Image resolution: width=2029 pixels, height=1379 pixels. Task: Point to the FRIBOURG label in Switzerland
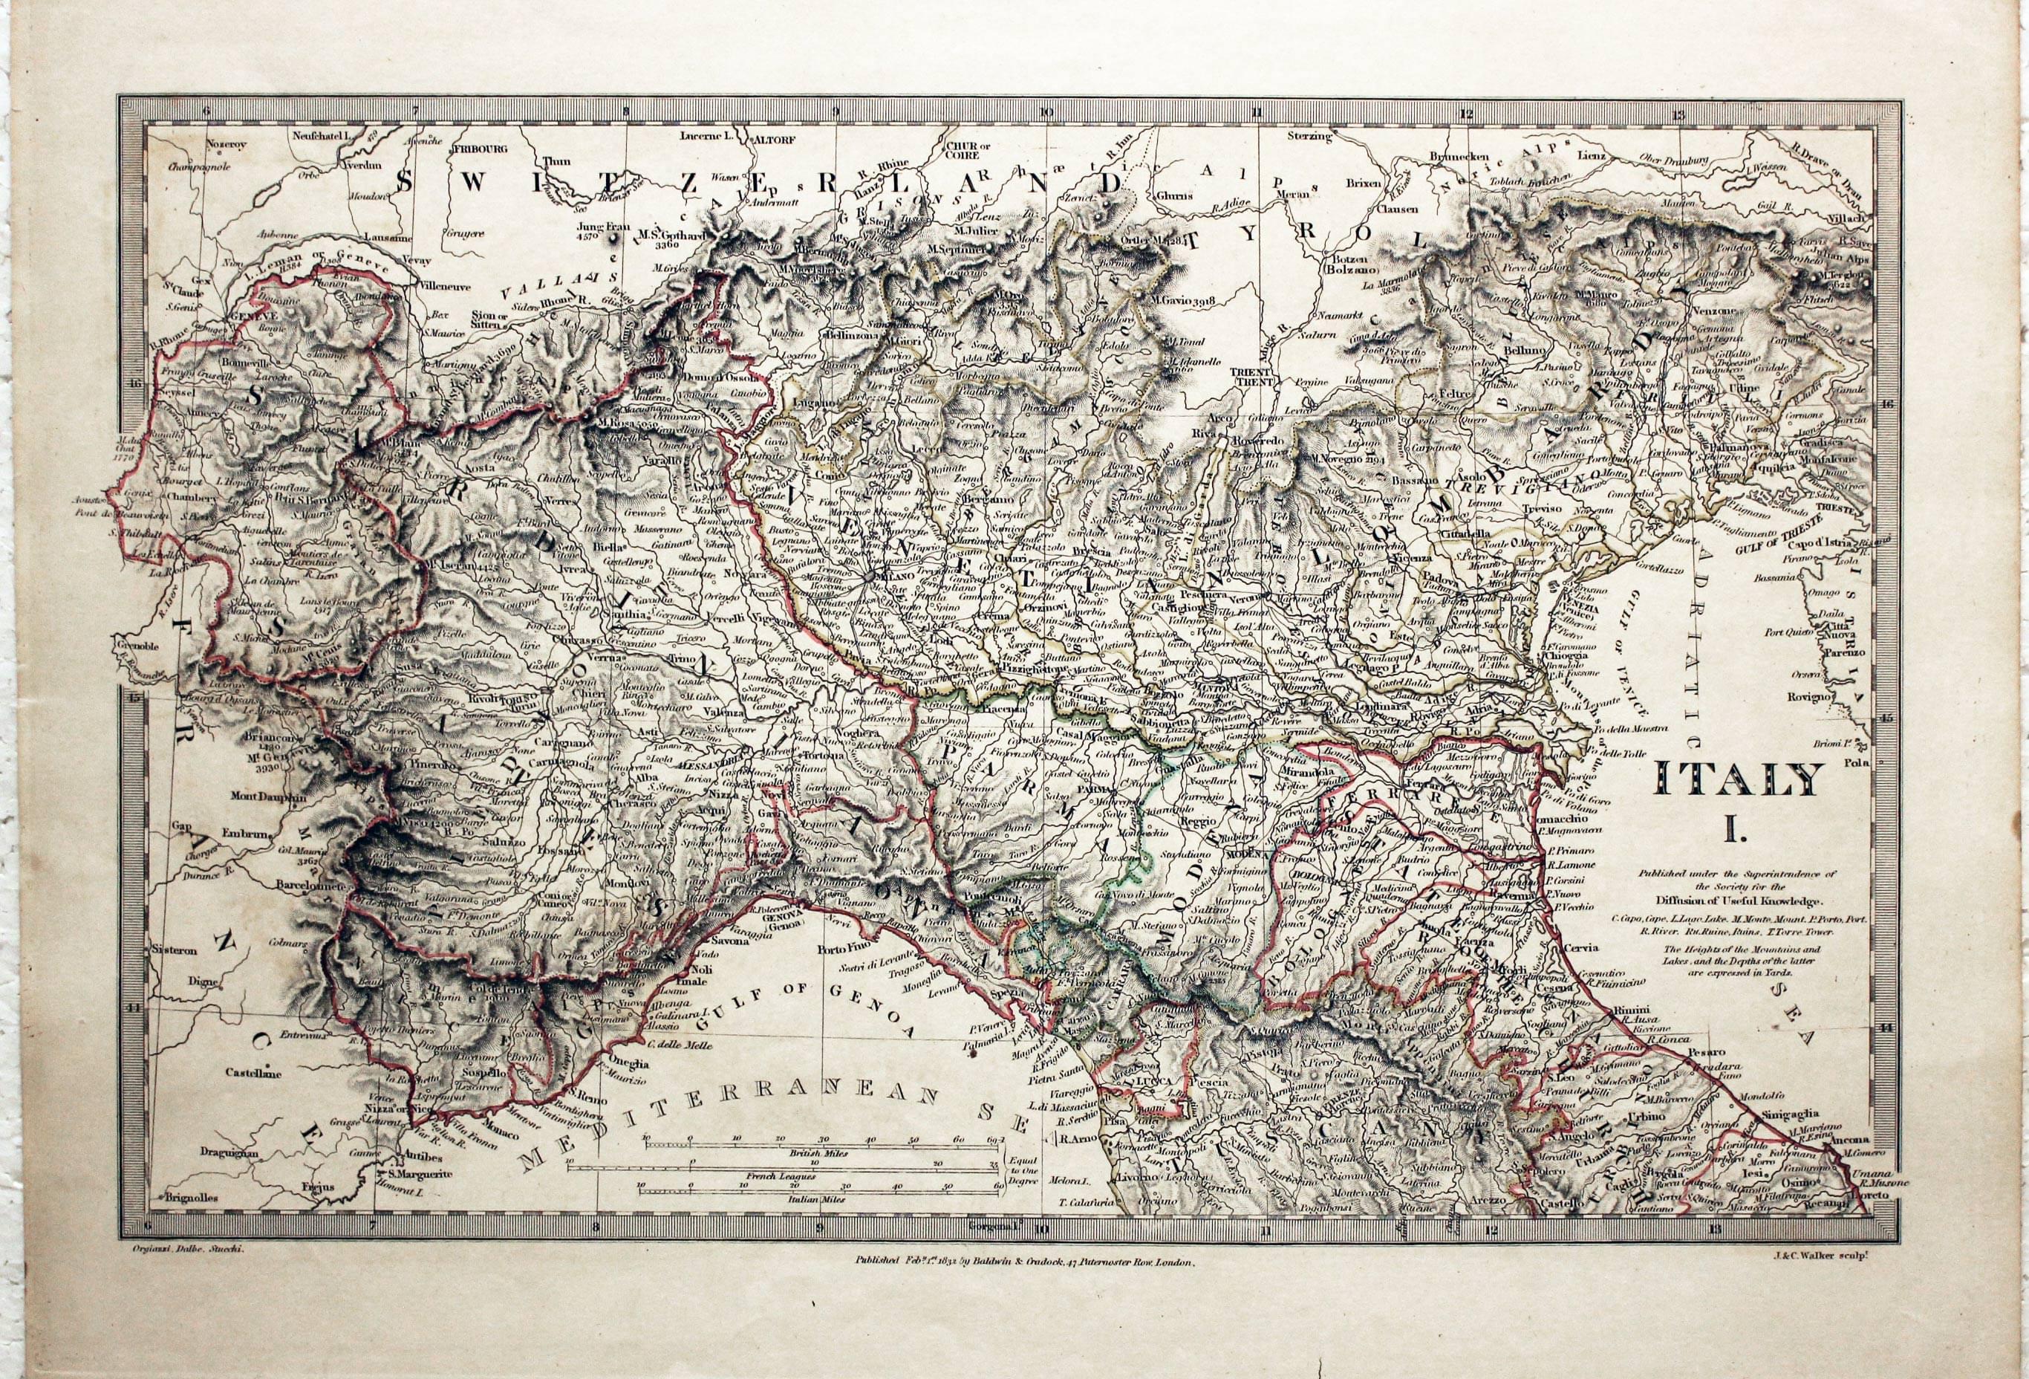tap(479, 149)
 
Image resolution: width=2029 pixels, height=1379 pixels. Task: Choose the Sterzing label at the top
tap(1309, 136)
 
